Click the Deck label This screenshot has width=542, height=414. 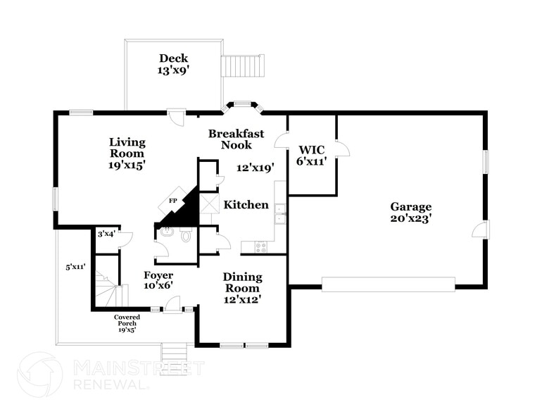[173, 58]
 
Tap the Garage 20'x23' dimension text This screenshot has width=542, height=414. [411, 218]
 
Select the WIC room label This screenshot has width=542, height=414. [310, 149]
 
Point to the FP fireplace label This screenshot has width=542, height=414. [172, 201]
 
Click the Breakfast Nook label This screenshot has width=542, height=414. [236, 139]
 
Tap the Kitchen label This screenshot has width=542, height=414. [246, 205]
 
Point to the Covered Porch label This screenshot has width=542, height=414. [127, 322]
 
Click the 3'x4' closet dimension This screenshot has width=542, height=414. [106, 234]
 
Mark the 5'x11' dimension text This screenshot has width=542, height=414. [75, 267]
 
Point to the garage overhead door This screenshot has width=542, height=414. [388, 284]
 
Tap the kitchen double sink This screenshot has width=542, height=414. [279, 213]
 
